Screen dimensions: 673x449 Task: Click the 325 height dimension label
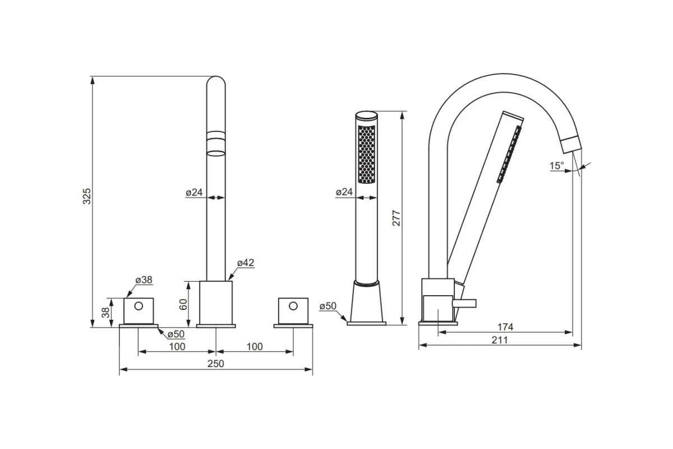click(x=87, y=196)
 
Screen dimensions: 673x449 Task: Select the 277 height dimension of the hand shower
click(x=397, y=218)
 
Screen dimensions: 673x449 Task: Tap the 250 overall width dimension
click(x=216, y=364)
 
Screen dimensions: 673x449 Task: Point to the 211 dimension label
click(x=500, y=340)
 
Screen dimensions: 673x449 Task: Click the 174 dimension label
click(x=505, y=327)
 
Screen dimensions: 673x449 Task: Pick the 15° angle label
click(x=557, y=166)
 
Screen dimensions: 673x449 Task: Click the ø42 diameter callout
click(x=246, y=263)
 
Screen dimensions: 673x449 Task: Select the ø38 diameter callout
click(x=144, y=280)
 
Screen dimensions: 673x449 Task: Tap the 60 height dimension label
click(x=183, y=304)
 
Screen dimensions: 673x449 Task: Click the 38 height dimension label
click(x=105, y=313)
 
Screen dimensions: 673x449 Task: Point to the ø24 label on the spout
click(x=194, y=192)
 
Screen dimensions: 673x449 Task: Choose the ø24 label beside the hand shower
click(x=344, y=192)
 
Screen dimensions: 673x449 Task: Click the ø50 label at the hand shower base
click(x=328, y=306)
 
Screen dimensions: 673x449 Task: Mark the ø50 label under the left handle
click(x=176, y=334)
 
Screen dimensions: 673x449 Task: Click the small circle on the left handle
click(x=139, y=306)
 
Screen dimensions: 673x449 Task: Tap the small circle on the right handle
click(x=293, y=306)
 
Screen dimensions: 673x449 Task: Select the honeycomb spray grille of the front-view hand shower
click(x=367, y=154)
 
